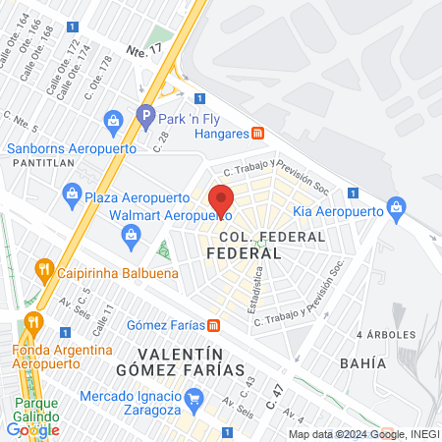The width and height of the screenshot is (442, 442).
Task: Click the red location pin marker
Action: click(x=222, y=199)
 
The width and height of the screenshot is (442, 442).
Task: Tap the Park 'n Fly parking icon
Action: click(x=146, y=115)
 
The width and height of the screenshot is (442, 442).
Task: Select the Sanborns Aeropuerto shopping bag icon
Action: click(x=113, y=123)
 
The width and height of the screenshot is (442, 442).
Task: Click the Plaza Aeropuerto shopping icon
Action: click(x=71, y=196)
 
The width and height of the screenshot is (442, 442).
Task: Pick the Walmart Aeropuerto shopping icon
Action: click(x=130, y=234)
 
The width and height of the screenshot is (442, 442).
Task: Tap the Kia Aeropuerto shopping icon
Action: click(x=396, y=208)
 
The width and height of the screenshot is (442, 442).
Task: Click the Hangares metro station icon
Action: click(x=256, y=133)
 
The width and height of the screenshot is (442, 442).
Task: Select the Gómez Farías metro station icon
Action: click(x=213, y=326)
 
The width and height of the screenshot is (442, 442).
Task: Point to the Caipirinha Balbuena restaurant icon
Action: click(x=43, y=268)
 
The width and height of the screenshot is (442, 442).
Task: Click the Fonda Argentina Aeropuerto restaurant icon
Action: click(x=33, y=320)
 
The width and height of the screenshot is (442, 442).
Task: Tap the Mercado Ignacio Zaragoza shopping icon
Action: click(x=193, y=398)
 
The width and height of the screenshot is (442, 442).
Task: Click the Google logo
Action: click(x=33, y=429)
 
